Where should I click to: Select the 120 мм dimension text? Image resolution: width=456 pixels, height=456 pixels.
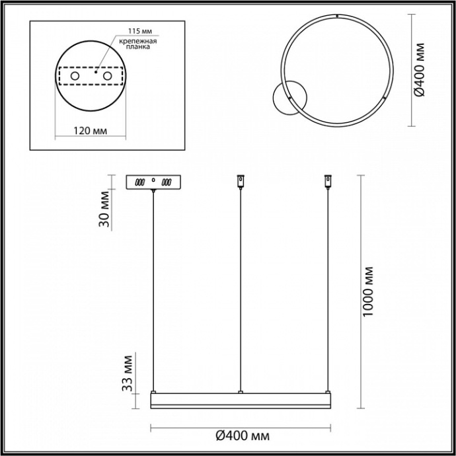click(x=89, y=130)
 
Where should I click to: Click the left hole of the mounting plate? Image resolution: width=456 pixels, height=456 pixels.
click(x=75, y=77)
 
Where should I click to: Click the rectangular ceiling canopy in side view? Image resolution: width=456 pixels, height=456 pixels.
click(x=154, y=182)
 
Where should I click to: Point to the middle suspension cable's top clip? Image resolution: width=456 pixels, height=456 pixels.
click(x=240, y=180)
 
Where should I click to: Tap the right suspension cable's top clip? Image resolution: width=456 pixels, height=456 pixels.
click(x=326, y=180)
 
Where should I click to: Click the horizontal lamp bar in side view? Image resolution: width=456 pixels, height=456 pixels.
click(x=241, y=401)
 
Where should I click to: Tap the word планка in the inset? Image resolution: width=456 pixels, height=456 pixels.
click(x=139, y=48)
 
